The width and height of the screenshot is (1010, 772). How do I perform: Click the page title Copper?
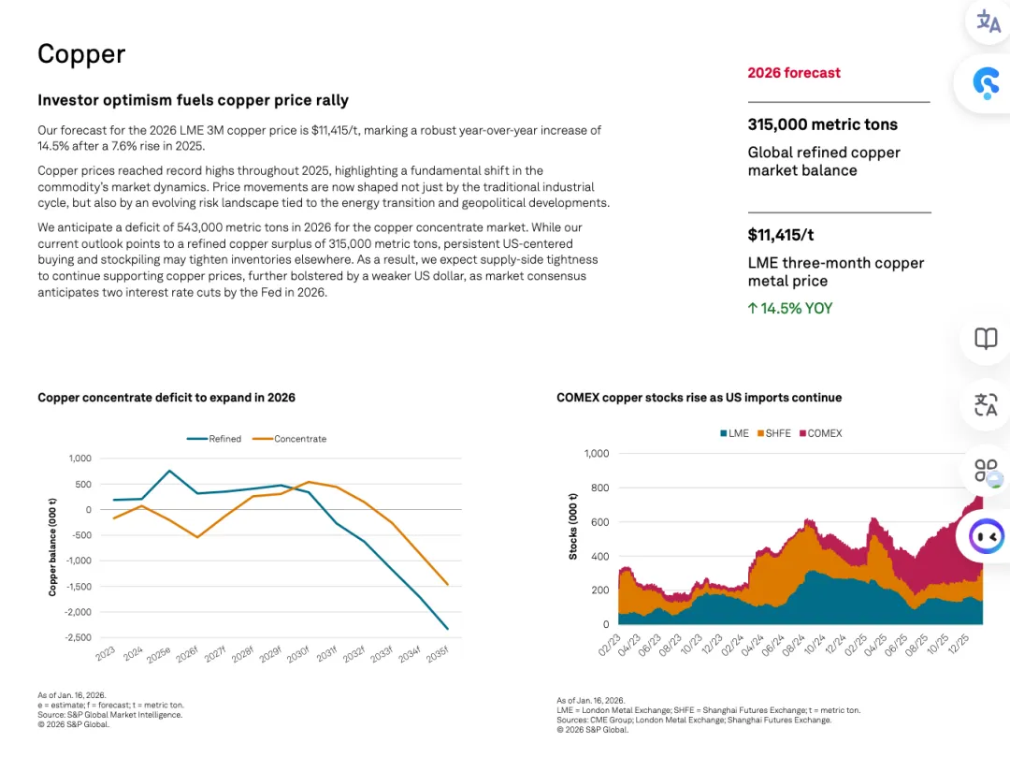pos(81,54)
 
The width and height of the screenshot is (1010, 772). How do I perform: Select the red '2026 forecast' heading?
pos(793,73)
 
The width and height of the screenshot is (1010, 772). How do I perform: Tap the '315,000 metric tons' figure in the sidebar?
pos(822,124)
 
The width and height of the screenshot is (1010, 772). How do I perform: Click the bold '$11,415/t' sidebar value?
pos(781,235)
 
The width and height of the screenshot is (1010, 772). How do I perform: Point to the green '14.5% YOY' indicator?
pos(790,309)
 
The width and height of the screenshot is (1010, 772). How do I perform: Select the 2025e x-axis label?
pos(159,653)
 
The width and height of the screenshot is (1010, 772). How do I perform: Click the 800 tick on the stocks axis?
pos(596,488)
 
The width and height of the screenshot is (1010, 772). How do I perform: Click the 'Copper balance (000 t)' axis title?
pos(52,547)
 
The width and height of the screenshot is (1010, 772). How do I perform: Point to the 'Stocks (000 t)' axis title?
pos(572,526)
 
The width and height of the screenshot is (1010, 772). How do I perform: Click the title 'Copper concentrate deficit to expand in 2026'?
pos(166,398)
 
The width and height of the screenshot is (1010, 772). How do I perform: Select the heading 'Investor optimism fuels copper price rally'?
pos(193,100)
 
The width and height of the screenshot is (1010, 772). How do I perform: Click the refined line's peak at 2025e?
pos(170,471)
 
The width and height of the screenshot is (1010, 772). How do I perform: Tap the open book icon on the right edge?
pos(986,339)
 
